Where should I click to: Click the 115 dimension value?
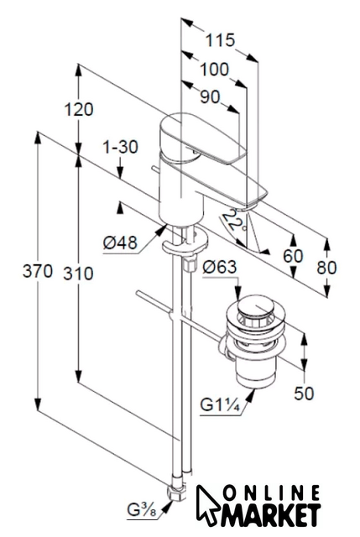click(220, 40)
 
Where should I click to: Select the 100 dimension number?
click(214, 69)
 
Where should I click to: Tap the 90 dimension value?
click(210, 97)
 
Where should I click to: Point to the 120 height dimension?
click(79, 110)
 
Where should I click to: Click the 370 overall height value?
click(38, 271)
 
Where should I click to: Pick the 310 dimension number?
click(78, 274)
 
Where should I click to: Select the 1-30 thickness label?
click(121, 147)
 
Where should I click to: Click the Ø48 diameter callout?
click(120, 242)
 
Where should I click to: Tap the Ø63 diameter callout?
click(220, 267)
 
